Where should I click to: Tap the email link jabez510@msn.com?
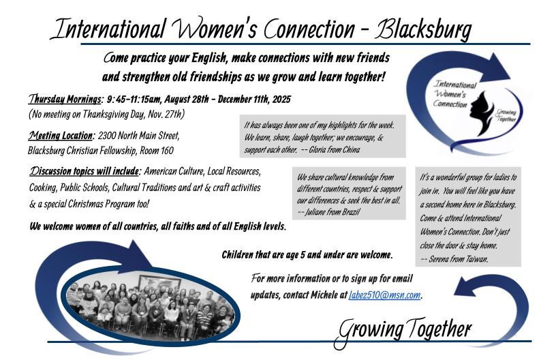[x=384, y=295]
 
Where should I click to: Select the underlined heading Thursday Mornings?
[x=65, y=99]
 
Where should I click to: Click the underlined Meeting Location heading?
[x=61, y=136]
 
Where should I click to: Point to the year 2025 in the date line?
[x=281, y=100]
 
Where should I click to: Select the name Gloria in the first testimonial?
[x=318, y=150]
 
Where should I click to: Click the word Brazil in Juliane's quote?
[x=351, y=212]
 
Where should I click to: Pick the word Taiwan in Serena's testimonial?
[x=476, y=259]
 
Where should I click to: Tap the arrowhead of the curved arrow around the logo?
[x=498, y=67]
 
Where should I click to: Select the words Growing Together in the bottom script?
[x=403, y=331]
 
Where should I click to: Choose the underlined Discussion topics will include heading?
[x=85, y=171]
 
